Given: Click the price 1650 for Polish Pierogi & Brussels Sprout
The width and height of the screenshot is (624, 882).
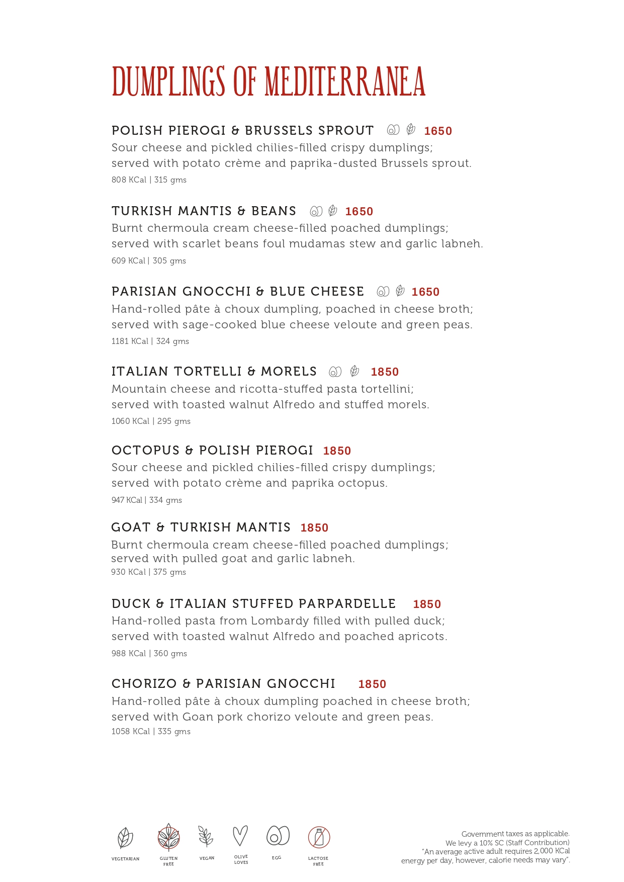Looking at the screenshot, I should [x=438, y=131].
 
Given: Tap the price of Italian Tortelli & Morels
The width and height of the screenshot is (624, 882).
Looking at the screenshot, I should [x=385, y=372].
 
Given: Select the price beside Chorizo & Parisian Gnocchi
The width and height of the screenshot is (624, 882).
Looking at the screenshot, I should [x=372, y=684].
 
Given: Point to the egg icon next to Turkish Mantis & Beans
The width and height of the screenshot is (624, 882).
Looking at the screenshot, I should [x=316, y=211].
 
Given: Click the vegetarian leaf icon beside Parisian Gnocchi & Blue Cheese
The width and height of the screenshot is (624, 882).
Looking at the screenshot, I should [x=400, y=291].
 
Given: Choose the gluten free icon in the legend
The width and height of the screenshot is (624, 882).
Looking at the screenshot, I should [x=168, y=837].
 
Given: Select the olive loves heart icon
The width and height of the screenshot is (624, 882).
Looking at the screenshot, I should [x=240, y=836].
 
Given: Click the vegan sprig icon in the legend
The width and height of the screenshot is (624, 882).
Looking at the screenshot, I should [x=206, y=837].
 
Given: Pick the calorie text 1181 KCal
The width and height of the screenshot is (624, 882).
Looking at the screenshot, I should [x=130, y=341].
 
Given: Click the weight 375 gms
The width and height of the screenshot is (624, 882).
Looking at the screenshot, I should [x=169, y=572].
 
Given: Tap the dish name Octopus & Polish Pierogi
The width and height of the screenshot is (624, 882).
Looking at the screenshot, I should [x=212, y=451].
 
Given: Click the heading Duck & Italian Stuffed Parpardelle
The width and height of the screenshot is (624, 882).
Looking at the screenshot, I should [x=253, y=604].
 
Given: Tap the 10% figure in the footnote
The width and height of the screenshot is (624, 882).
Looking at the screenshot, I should [x=486, y=843].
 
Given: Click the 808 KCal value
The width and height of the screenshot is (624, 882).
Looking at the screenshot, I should [x=129, y=180].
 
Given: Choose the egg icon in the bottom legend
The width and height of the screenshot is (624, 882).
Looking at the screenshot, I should [x=278, y=836].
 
